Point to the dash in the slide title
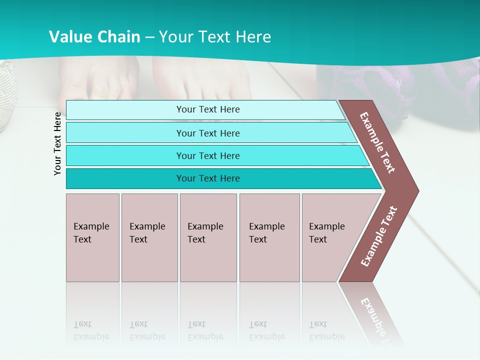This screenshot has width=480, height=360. pos(150,37)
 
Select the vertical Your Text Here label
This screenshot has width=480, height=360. pos(57,143)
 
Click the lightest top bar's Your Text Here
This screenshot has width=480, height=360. pos(208,109)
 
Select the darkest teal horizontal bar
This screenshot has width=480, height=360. pos(208,178)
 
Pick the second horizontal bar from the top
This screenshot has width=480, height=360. pos(208,133)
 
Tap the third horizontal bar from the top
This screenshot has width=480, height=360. pos(208,155)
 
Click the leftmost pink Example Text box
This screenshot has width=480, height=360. pos(92,237)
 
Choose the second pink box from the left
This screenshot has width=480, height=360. pos(149,237)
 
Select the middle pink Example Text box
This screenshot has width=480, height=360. pos(208,237)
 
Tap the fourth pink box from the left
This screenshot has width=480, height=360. pos(269,237)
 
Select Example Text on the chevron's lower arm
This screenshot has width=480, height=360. pos(379,236)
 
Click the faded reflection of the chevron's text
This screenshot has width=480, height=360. pos(374,315)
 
